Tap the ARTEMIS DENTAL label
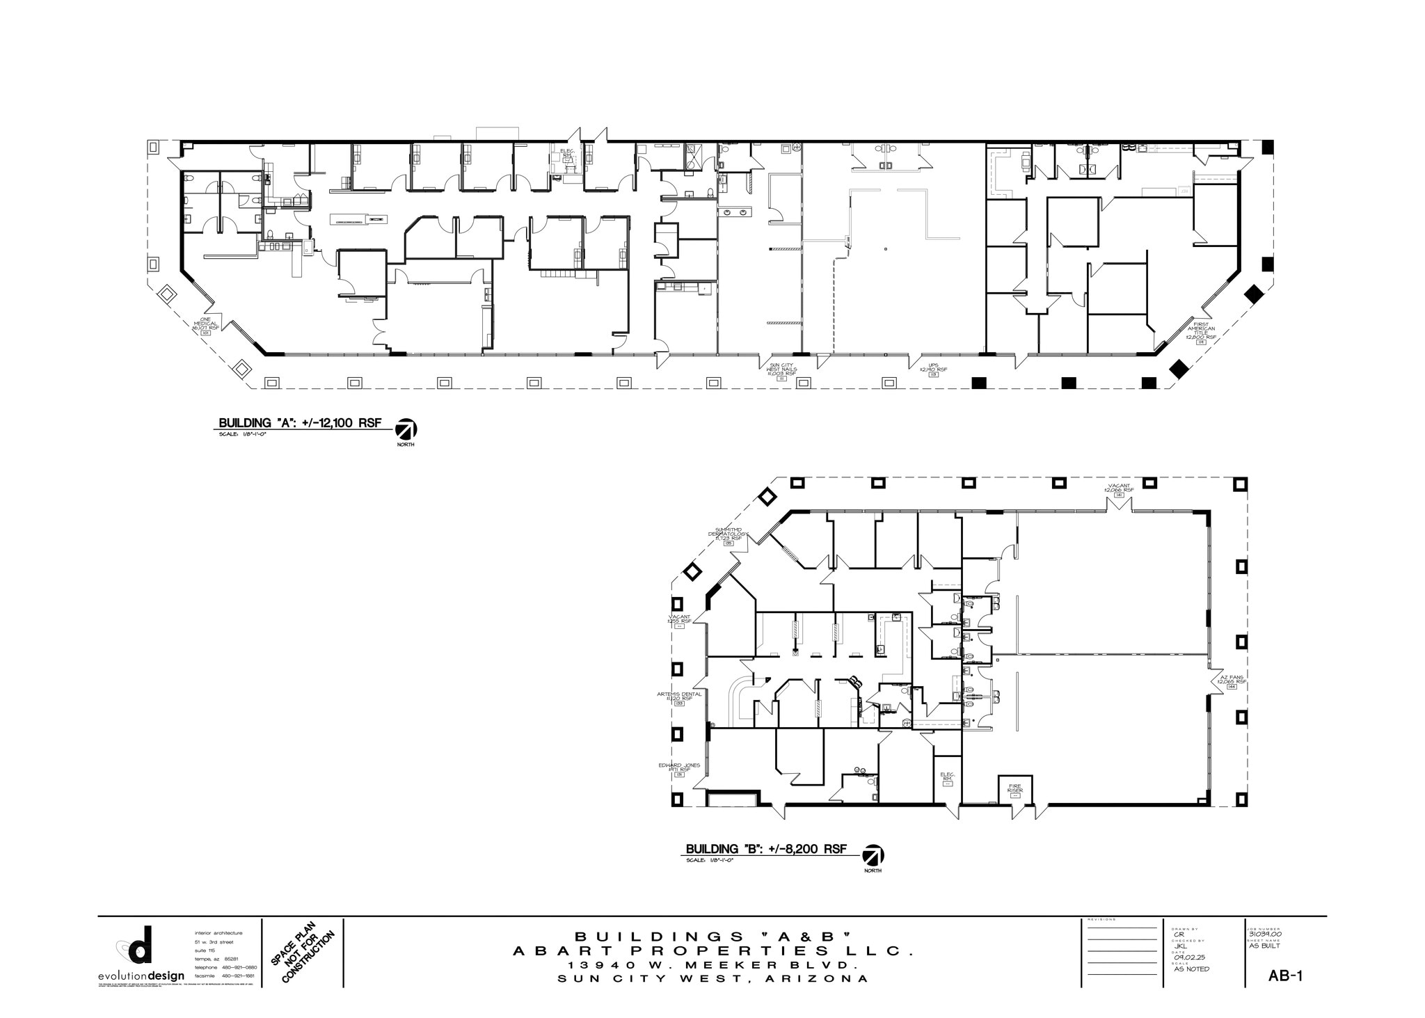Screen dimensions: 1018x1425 [679, 696]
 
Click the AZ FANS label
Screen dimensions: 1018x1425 [1231, 679]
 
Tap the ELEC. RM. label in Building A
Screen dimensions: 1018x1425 [566, 152]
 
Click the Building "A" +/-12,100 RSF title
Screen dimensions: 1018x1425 [300, 423]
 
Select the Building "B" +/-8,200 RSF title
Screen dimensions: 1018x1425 [766, 849]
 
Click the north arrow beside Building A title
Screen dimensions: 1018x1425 [405, 429]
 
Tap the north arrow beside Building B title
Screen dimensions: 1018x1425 [873, 855]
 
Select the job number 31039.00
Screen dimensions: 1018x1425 [1265, 935]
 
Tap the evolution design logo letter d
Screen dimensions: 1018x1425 [141, 945]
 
